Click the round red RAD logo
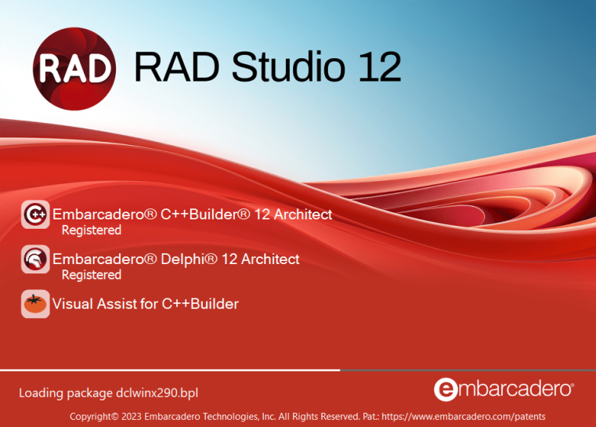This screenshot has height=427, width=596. click(76, 67)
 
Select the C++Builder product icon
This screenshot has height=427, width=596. click(35, 215)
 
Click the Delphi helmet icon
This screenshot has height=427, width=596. click(35, 259)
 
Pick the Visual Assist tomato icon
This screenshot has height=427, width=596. click(35, 303)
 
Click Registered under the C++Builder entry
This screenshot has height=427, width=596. click(92, 230)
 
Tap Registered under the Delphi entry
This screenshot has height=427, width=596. click(92, 275)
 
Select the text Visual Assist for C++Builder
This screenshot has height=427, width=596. click(145, 303)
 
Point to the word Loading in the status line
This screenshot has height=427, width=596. click(43, 392)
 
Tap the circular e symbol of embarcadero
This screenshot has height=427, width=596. click(444, 389)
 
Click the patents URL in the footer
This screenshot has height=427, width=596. click(474, 416)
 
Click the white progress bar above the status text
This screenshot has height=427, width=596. click(170, 370)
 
